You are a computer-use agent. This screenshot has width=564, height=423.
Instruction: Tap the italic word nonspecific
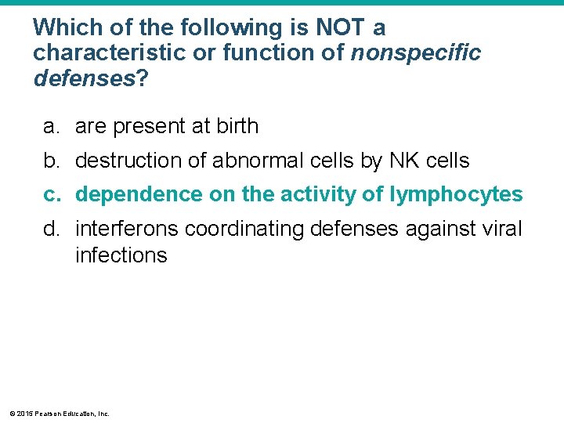click(416, 53)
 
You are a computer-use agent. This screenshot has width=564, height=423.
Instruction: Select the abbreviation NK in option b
click(403, 161)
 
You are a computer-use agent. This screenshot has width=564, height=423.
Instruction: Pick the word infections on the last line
click(121, 255)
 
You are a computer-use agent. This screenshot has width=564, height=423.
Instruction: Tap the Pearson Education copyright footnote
click(60, 413)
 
